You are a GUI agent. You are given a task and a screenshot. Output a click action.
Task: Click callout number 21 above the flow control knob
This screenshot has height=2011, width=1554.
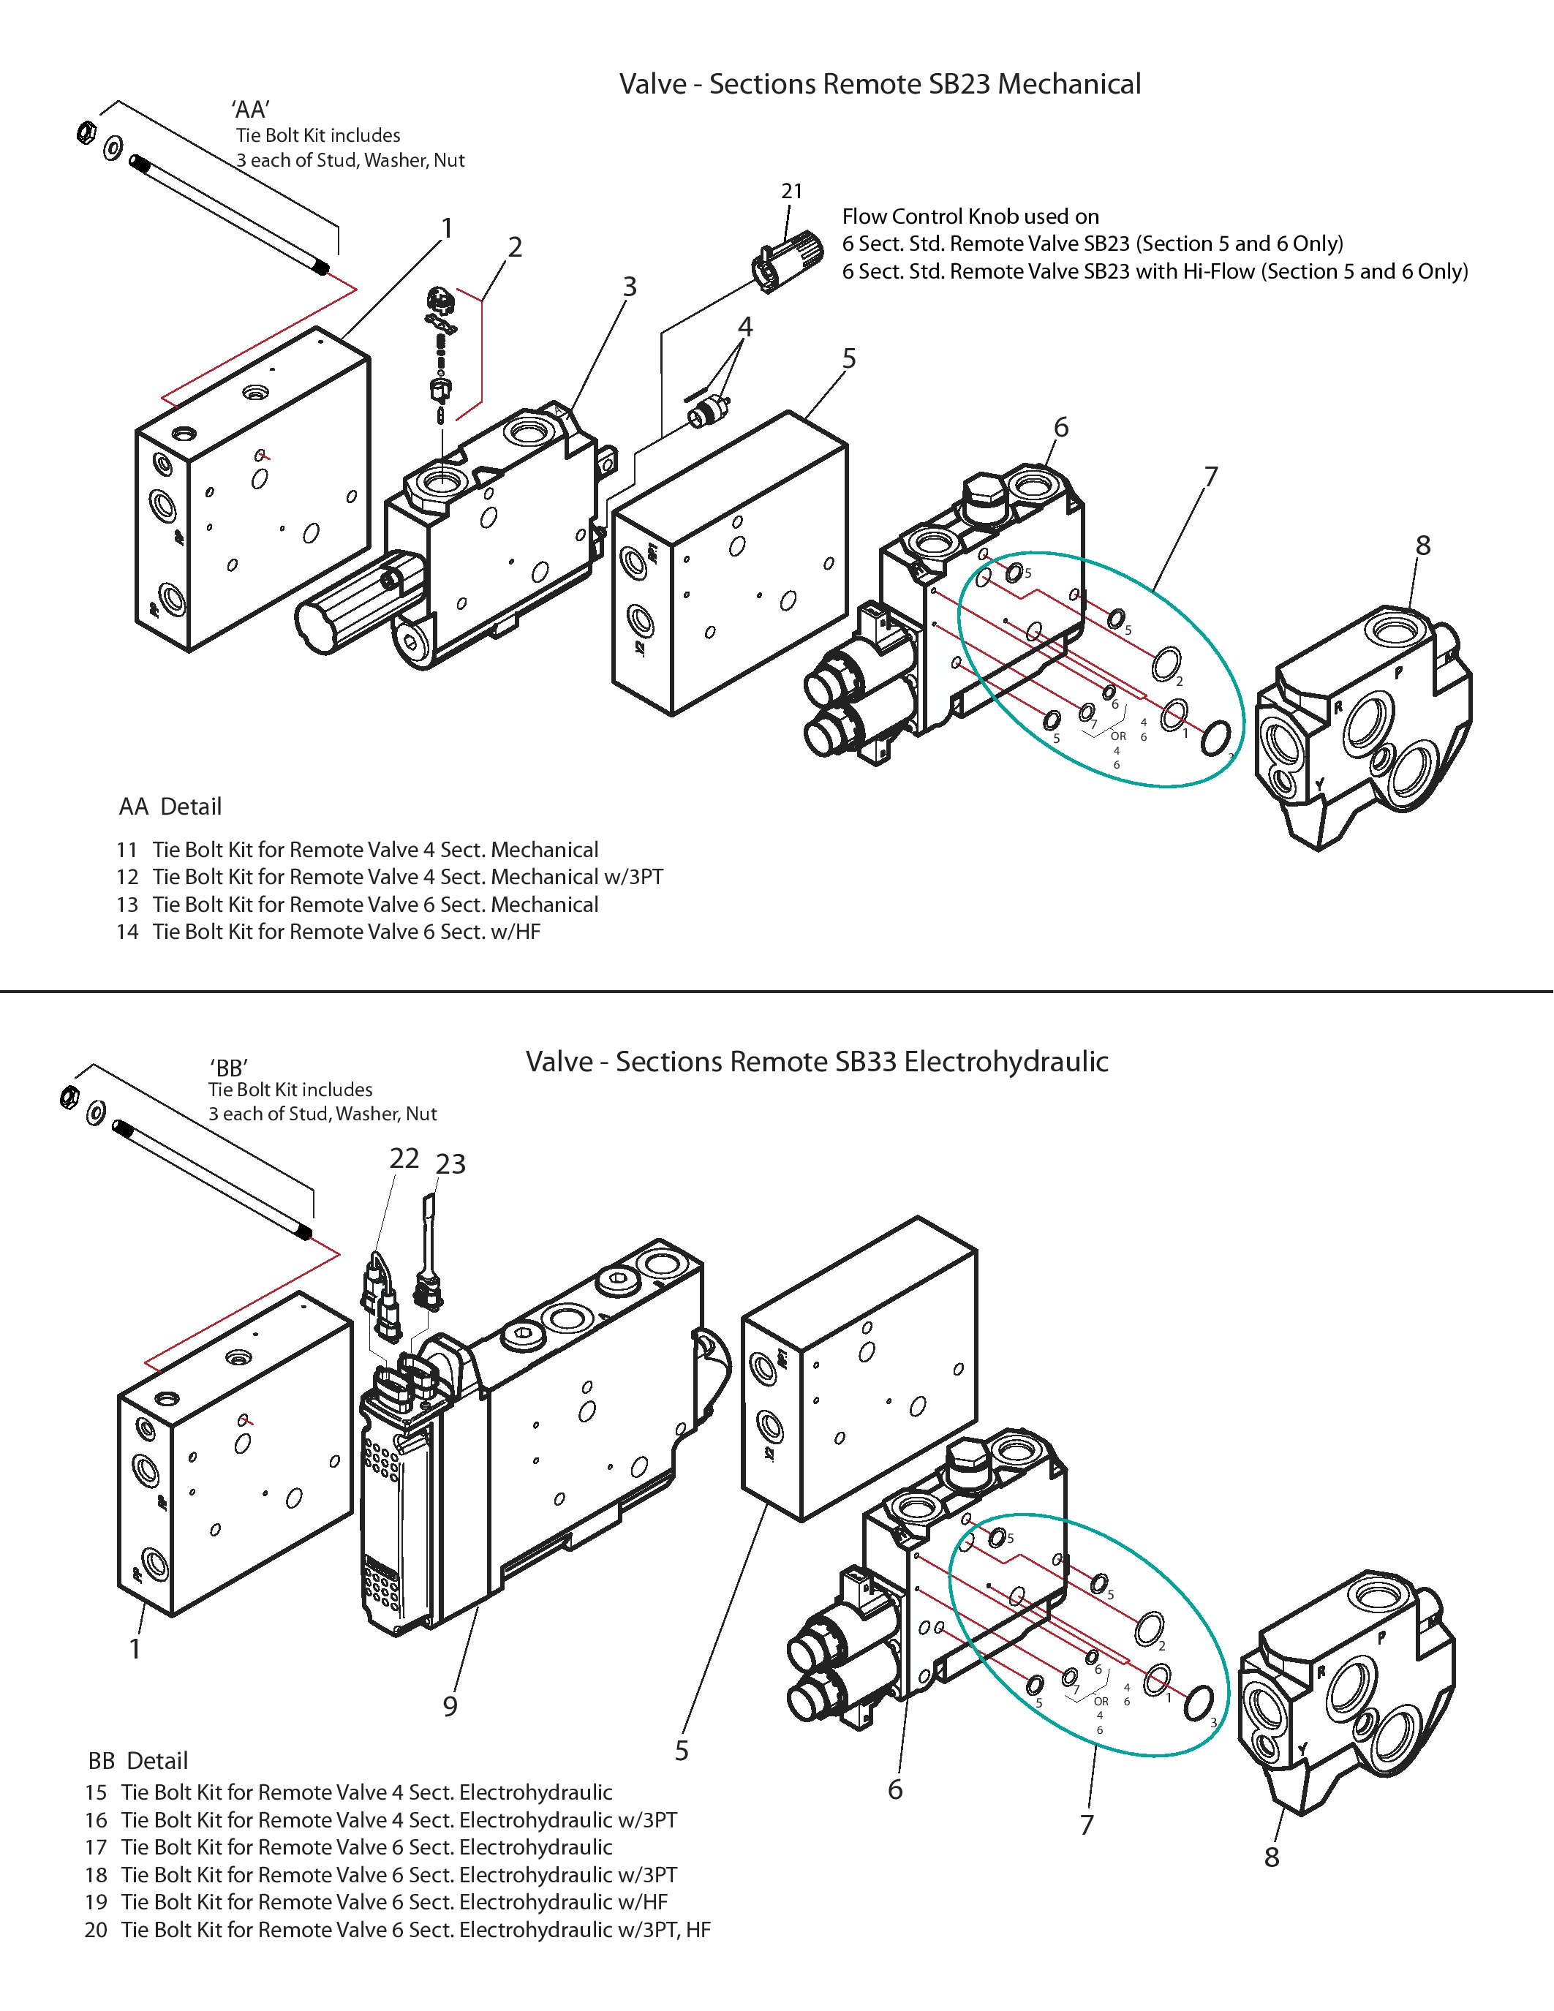(792, 191)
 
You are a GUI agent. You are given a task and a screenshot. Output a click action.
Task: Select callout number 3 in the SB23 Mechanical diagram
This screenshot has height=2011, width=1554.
(630, 287)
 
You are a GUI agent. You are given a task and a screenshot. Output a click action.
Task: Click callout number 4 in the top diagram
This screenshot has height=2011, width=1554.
(746, 327)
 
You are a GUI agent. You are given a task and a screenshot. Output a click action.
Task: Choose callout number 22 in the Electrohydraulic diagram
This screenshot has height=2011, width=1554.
(404, 1158)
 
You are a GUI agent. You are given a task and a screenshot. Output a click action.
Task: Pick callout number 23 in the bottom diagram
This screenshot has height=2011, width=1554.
(451, 1164)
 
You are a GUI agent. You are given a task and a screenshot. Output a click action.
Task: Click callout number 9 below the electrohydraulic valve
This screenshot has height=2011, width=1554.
(450, 1706)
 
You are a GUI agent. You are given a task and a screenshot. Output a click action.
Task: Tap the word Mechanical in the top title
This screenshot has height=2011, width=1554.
(1070, 84)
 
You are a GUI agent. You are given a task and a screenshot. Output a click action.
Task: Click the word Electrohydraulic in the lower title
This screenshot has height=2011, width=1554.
(1006, 1061)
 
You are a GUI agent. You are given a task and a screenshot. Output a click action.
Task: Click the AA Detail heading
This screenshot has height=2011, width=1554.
(170, 807)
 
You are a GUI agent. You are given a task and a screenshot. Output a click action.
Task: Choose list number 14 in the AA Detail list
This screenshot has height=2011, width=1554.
(127, 932)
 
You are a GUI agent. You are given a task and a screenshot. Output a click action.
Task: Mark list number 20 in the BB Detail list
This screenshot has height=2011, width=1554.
(97, 1930)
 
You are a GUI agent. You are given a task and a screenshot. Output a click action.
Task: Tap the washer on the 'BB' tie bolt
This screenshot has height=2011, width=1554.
(96, 1113)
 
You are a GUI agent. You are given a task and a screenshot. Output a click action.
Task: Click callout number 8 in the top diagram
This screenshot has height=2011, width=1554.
(1423, 545)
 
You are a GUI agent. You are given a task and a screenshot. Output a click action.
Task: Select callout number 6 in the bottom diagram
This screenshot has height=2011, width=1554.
(895, 1789)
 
